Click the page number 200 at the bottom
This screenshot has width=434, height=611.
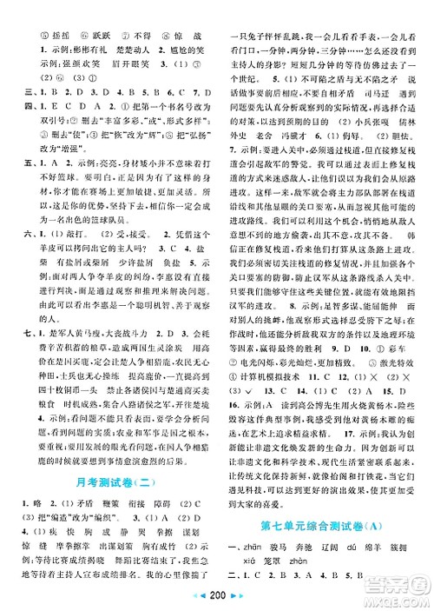[216, 600]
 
